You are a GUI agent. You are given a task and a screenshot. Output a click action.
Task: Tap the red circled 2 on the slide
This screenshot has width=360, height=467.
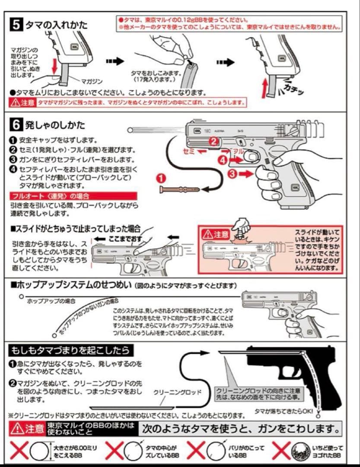(213, 141)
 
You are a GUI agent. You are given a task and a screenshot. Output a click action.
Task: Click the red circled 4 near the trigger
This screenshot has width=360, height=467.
(222, 160)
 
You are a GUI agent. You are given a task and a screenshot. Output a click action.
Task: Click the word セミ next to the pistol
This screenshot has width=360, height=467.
(189, 152)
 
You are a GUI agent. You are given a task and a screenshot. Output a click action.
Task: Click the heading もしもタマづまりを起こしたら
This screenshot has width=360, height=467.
(71, 349)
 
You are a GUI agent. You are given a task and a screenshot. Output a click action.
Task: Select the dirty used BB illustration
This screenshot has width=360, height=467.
(298, 451)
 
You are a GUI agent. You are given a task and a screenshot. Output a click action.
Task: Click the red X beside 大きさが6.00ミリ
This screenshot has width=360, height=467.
(19, 451)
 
